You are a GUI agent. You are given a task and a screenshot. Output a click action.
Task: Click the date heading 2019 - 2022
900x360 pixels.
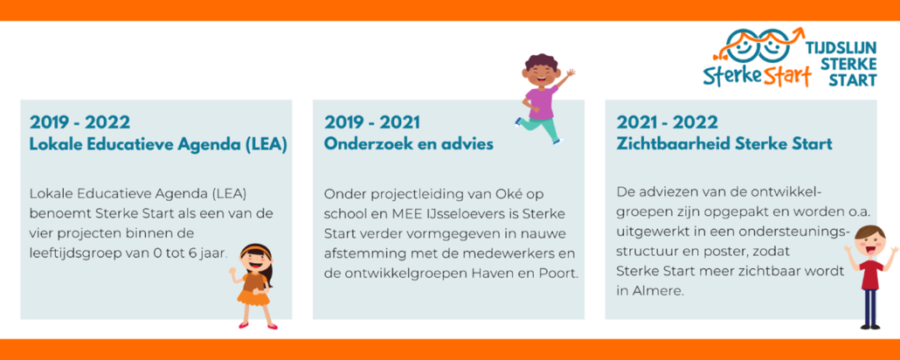coord(80,122)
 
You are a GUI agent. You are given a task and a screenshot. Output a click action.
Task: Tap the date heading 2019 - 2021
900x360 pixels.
coord(372,122)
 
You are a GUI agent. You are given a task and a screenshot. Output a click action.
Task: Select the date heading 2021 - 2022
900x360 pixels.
coord(667,122)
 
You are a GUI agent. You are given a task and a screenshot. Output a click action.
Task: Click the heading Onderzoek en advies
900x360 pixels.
coord(409,143)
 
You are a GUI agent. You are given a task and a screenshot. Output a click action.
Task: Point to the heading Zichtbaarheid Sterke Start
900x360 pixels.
coord(724,143)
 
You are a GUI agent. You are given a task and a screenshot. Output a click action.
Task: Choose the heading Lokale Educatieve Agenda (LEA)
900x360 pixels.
coord(158,144)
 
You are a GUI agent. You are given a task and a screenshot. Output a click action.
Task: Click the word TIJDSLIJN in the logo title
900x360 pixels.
coord(842,49)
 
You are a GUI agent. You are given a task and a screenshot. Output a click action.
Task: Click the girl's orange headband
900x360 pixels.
coord(255,250)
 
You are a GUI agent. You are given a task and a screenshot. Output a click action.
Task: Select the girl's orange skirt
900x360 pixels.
coord(253,297)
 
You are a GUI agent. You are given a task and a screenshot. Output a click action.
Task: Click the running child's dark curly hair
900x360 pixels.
coord(541,63)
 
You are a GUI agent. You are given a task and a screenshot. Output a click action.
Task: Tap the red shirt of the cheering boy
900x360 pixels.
coord(870,273)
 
